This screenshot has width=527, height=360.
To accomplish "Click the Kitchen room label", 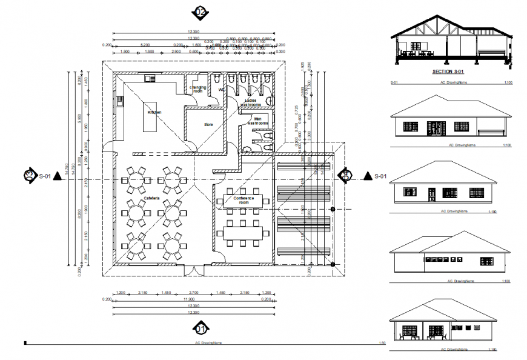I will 154,112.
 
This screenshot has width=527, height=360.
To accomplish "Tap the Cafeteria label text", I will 152,198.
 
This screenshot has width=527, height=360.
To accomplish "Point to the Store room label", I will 208,125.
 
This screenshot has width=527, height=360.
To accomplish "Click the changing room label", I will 197,89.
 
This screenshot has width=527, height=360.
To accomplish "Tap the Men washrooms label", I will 258,121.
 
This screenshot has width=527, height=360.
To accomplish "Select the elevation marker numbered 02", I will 200,12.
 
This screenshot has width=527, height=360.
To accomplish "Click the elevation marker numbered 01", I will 201,329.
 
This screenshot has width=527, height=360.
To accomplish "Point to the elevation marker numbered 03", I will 28,176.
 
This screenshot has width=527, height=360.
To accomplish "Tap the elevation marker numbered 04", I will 345,175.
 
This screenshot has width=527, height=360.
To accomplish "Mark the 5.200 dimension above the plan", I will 145,45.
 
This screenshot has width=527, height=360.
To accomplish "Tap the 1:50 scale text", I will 382,344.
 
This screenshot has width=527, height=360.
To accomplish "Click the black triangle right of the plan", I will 367,176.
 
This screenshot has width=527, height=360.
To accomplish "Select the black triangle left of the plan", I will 58,176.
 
